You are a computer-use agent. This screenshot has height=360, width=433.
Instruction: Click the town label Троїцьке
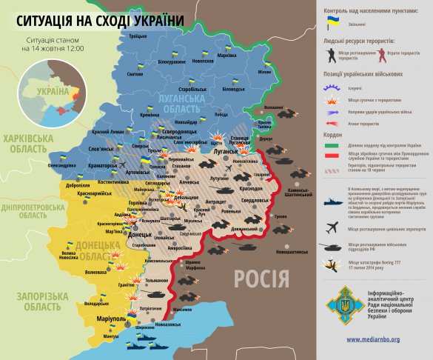(x=138, y=36)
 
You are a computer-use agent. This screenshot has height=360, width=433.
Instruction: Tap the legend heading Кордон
(x=332, y=135)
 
